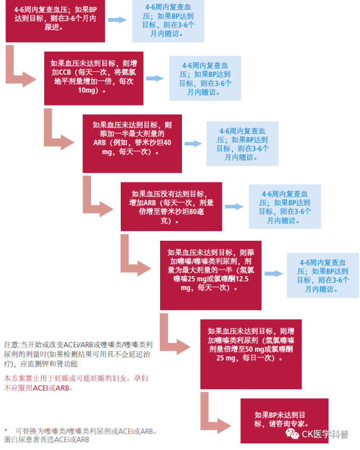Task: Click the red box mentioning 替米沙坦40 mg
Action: coord(132,143)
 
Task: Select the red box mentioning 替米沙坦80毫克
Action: coord(171,206)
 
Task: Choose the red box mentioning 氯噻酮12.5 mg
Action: coord(210,274)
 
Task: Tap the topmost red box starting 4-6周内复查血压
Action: coord(55,21)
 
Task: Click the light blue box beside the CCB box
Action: coord(205,79)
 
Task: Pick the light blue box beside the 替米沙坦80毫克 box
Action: coord(284,207)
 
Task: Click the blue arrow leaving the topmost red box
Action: coord(117,20)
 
